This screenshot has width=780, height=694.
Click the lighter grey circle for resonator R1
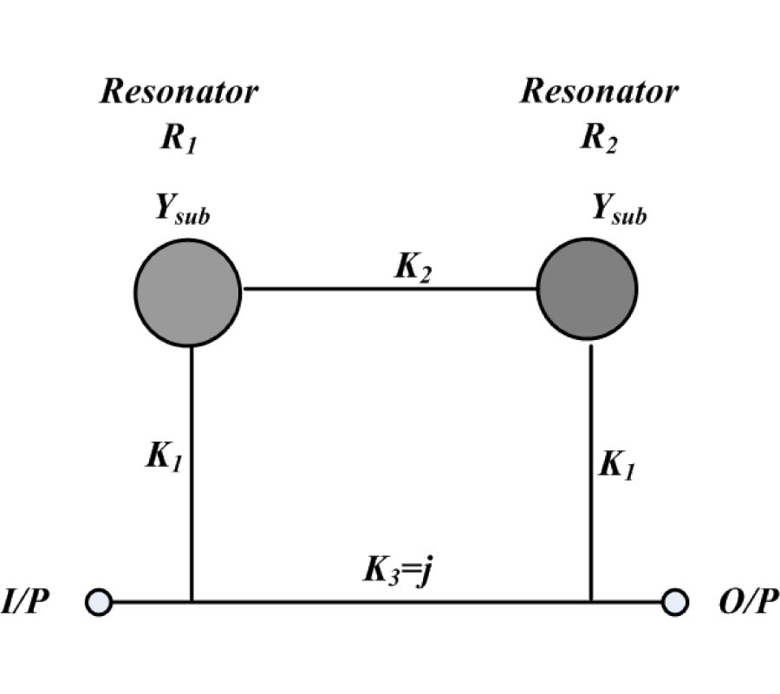click(188, 290)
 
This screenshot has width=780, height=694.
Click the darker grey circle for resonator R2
click(587, 290)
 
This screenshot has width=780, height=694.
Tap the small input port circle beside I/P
click(100, 601)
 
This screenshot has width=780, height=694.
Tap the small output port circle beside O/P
click(675, 601)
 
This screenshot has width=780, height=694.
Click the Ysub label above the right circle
click(619, 209)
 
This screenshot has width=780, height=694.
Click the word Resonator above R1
click(179, 91)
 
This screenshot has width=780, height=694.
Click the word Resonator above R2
click(599, 91)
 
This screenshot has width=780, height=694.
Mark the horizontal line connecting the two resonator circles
click(388, 289)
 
